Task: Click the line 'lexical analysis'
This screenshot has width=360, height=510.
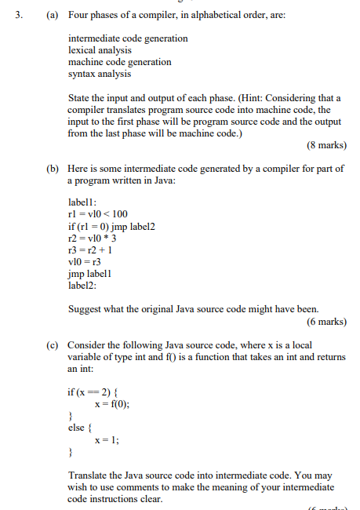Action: (x=99, y=50)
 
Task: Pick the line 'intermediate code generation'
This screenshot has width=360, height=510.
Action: (x=128, y=38)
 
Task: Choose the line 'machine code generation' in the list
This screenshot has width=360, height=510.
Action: (x=119, y=62)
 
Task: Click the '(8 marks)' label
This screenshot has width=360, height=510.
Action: (x=326, y=145)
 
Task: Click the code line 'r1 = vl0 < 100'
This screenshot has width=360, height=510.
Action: (x=98, y=213)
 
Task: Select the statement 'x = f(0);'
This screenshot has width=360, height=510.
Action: (x=112, y=403)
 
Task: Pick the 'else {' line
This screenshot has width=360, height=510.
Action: (x=81, y=428)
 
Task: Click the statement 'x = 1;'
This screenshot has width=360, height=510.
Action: (x=107, y=440)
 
